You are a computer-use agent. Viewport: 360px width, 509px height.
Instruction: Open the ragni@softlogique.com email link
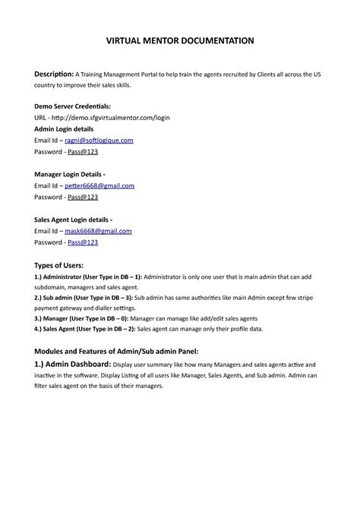pyautogui.click(x=99, y=141)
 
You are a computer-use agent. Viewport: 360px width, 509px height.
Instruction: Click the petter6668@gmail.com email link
pyautogui.click(x=99, y=185)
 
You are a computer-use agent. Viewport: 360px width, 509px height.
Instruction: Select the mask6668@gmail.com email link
pyautogui.click(x=98, y=231)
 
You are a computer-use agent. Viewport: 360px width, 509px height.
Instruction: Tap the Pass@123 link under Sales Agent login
pyautogui.click(x=83, y=242)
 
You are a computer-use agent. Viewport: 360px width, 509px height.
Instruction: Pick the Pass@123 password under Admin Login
pyautogui.click(x=83, y=152)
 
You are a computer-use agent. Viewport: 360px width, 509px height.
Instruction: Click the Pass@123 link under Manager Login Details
pyautogui.click(x=83, y=197)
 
